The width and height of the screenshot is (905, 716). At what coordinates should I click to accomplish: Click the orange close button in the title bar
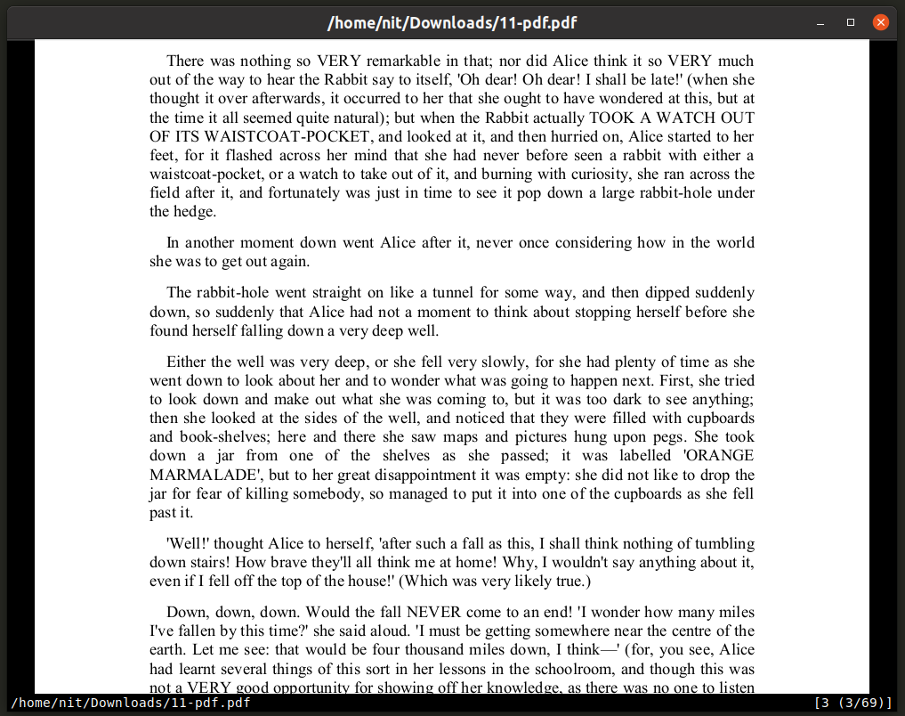coord(880,22)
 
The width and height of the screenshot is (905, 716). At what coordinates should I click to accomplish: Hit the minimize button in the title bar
coord(820,22)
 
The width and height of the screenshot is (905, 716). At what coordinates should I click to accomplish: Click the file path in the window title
coord(452,23)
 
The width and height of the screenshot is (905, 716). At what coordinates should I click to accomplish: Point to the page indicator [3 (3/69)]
coord(852,704)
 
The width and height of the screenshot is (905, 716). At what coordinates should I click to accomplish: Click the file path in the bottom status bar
coord(131,704)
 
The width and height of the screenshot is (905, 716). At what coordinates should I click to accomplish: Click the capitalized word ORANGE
coord(722,456)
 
